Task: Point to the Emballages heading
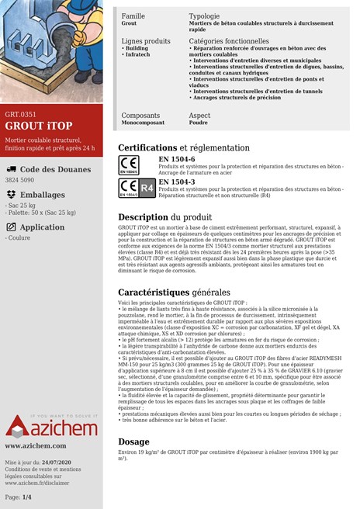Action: click(43, 195)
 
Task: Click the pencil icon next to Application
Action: click(11, 227)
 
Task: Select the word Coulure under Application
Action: click(19, 238)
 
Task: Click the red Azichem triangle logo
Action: click(18, 425)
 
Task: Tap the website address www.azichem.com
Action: click(35, 446)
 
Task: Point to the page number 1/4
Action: click(28, 497)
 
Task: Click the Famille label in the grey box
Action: click(133, 16)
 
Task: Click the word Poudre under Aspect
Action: click(199, 122)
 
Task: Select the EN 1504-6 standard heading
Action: click(176, 159)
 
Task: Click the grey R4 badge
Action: click(146, 188)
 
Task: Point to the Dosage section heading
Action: click(133, 441)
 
